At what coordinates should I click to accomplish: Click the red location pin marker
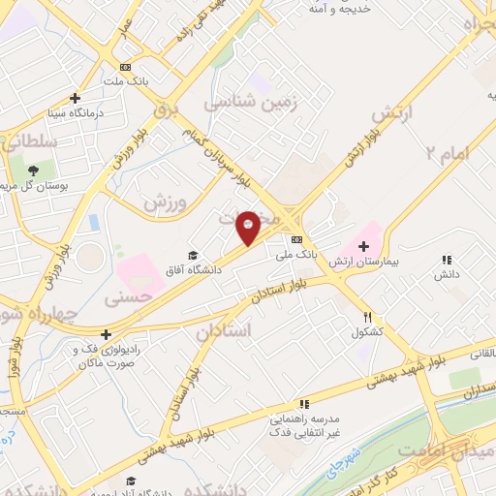(x=248, y=227)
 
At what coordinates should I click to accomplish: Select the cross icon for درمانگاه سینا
(x=76, y=98)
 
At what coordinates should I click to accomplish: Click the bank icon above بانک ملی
(x=296, y=239)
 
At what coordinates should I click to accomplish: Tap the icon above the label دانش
(x=447, y=260)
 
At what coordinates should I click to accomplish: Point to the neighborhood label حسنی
(x=128, y=301)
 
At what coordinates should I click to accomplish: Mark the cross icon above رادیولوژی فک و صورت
(x=107, y=335)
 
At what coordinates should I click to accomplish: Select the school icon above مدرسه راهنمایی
(x=304, y=404)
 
